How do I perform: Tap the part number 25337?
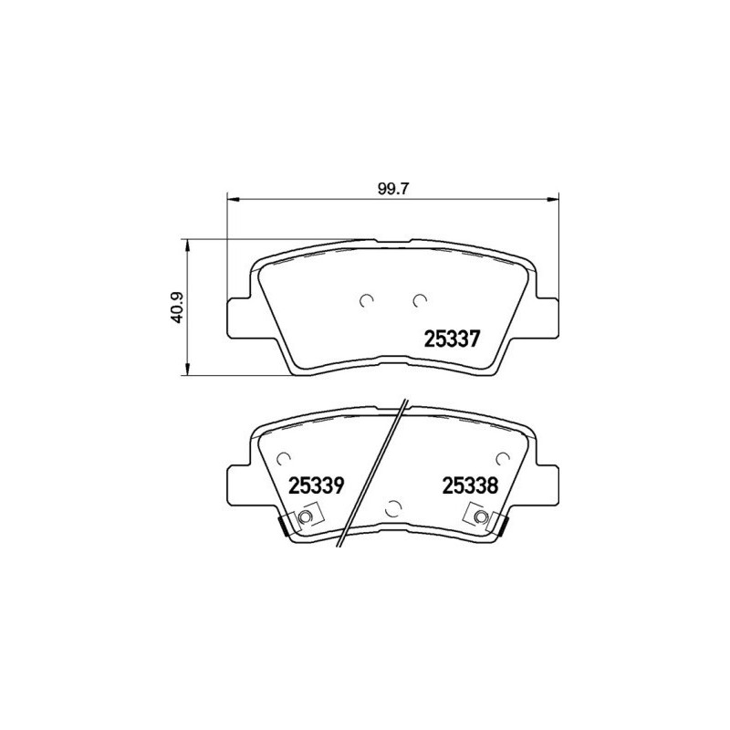click(x=452, y=339)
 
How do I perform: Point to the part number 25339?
click(x=315, y=485)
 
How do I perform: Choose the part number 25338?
click(x=469, y=485)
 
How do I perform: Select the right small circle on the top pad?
click(x=419, y=300)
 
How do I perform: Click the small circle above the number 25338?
click(x=500, y=459)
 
